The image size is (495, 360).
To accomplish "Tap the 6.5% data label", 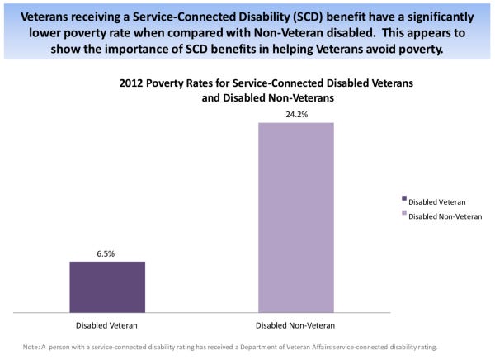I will tap(107, 253).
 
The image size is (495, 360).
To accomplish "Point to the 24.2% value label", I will tap(296, 115).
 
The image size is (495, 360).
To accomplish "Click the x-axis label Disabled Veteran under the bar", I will tap(107, 325).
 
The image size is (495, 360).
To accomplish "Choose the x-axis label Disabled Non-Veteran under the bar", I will tap(296, 325).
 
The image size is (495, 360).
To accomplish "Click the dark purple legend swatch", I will tap(404, 198).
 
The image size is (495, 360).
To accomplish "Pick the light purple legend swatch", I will tap(404, 213).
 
